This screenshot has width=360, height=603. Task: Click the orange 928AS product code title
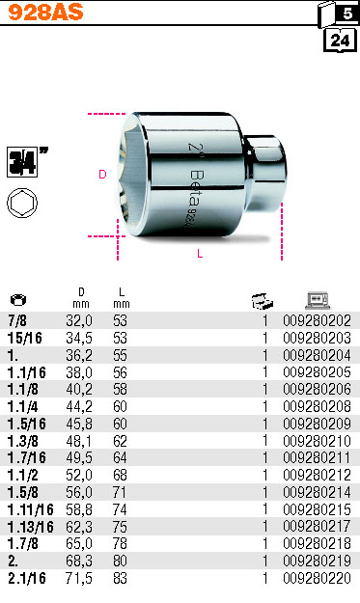[x=45, y=12]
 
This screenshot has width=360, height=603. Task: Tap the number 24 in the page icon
[x=340, y=40]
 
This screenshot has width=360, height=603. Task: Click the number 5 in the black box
[x=347, y=14]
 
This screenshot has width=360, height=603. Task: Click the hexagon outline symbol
[x=22, y=203]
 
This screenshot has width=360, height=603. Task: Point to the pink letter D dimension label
[x=102, y=175]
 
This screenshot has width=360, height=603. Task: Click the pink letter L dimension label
[x=200, y=254]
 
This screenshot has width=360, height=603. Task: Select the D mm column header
[x=81, y=298]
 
